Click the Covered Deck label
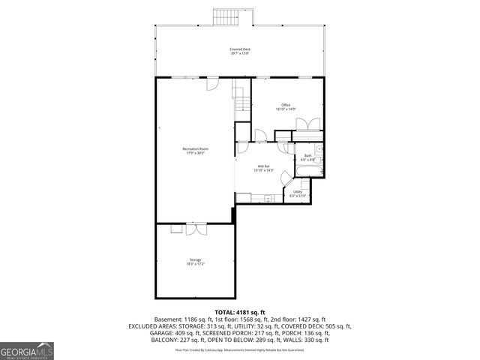point(240,49)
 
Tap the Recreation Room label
point(195,149)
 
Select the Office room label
point(285,105)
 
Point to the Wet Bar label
point(263,166)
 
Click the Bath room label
point(307,156)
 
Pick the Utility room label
point(298,192)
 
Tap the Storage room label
point(195,259)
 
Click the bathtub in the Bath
point(310,171)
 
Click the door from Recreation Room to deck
point(212,82)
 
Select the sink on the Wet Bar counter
point(268,199)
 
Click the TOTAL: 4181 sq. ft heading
point(240,312)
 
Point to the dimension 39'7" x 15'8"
point(240,54)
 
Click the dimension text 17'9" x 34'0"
point(195,154)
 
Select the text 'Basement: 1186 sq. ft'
point(181,319)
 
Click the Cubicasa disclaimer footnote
point(240,349)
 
